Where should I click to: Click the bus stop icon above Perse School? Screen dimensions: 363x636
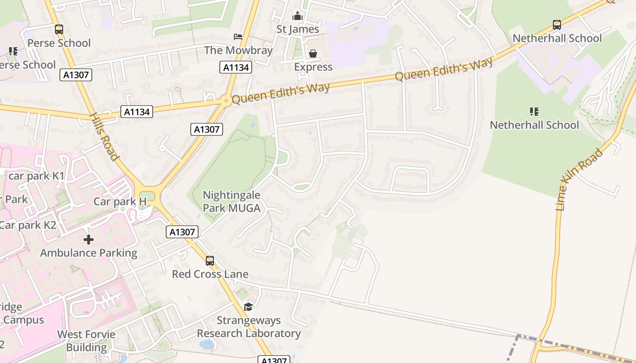[x=59, y=30]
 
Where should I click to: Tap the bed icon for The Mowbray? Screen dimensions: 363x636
[x=238, y=36]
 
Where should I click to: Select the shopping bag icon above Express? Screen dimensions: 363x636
[x=313, y=54]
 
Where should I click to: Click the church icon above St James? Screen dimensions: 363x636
[x=298, y=16]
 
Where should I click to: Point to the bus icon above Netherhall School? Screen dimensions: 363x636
[x=557, y=25]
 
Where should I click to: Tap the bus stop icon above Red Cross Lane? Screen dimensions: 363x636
[x=210, y=261]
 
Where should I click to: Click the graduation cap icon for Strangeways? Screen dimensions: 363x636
[x=248, y=307]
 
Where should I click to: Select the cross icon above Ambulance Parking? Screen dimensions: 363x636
[x=89, y=239]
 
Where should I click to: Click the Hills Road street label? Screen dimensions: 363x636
[x=104, y=137]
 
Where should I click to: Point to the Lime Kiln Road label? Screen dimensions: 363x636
[x=580, y=180]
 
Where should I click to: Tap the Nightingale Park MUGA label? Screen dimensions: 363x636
[x=232, y=202]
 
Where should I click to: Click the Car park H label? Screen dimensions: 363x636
[x=120, y=201]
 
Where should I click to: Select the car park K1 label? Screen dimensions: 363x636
[x=37, y=176]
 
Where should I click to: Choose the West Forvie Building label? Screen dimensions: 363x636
[x=86, y=341]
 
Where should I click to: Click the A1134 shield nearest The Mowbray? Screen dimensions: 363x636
[x=235, y=68]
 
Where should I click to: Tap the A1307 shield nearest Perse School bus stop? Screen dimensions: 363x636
[x=76, y=75]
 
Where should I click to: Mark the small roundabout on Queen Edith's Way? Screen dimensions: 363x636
[x=225, y=101]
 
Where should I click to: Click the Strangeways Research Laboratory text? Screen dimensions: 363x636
[x=248, y=327]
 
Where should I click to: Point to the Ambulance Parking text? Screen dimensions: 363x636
[x=89, y=253]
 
